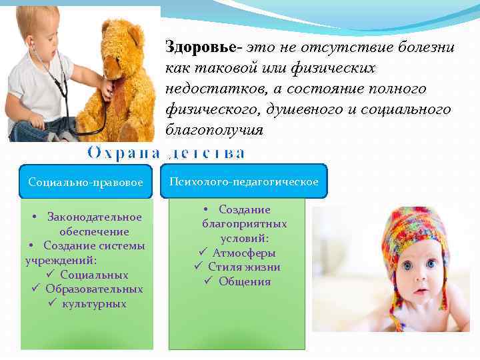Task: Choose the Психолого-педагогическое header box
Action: coord(243,181)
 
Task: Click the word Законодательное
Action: coord(95,217)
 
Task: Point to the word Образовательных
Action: coord(94,289)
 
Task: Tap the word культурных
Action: coord(94,304)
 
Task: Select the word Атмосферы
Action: coord(244,253)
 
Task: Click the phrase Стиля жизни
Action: coord(244,267)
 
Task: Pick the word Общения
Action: coord(245,281)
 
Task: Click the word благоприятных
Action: coord(245,224)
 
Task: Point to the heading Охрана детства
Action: coord(166,153)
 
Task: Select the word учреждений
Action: coord(59,261)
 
